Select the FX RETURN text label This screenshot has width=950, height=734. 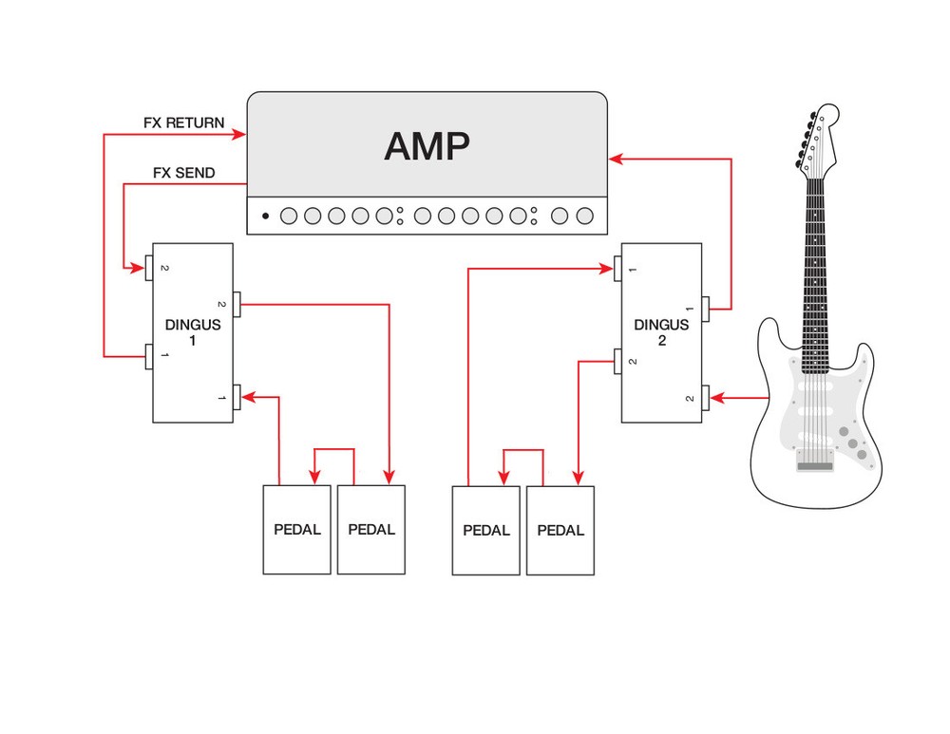coord(183,122)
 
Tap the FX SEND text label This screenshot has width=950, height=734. coord(183,173)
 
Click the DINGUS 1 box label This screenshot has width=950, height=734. coord(193,331)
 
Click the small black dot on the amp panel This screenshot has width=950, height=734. coord(266,216)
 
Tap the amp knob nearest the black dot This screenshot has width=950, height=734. coord(288,216)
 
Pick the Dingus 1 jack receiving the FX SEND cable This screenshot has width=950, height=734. coord(149,270)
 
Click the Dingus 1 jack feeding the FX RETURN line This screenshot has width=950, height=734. coord(149,357)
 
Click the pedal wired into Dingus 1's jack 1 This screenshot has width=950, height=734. coord(296,529)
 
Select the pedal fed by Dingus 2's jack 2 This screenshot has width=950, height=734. coord(560,530)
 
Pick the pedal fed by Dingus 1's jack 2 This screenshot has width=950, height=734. coord(371,529)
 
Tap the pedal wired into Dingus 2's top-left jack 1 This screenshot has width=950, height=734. coord(485,530)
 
